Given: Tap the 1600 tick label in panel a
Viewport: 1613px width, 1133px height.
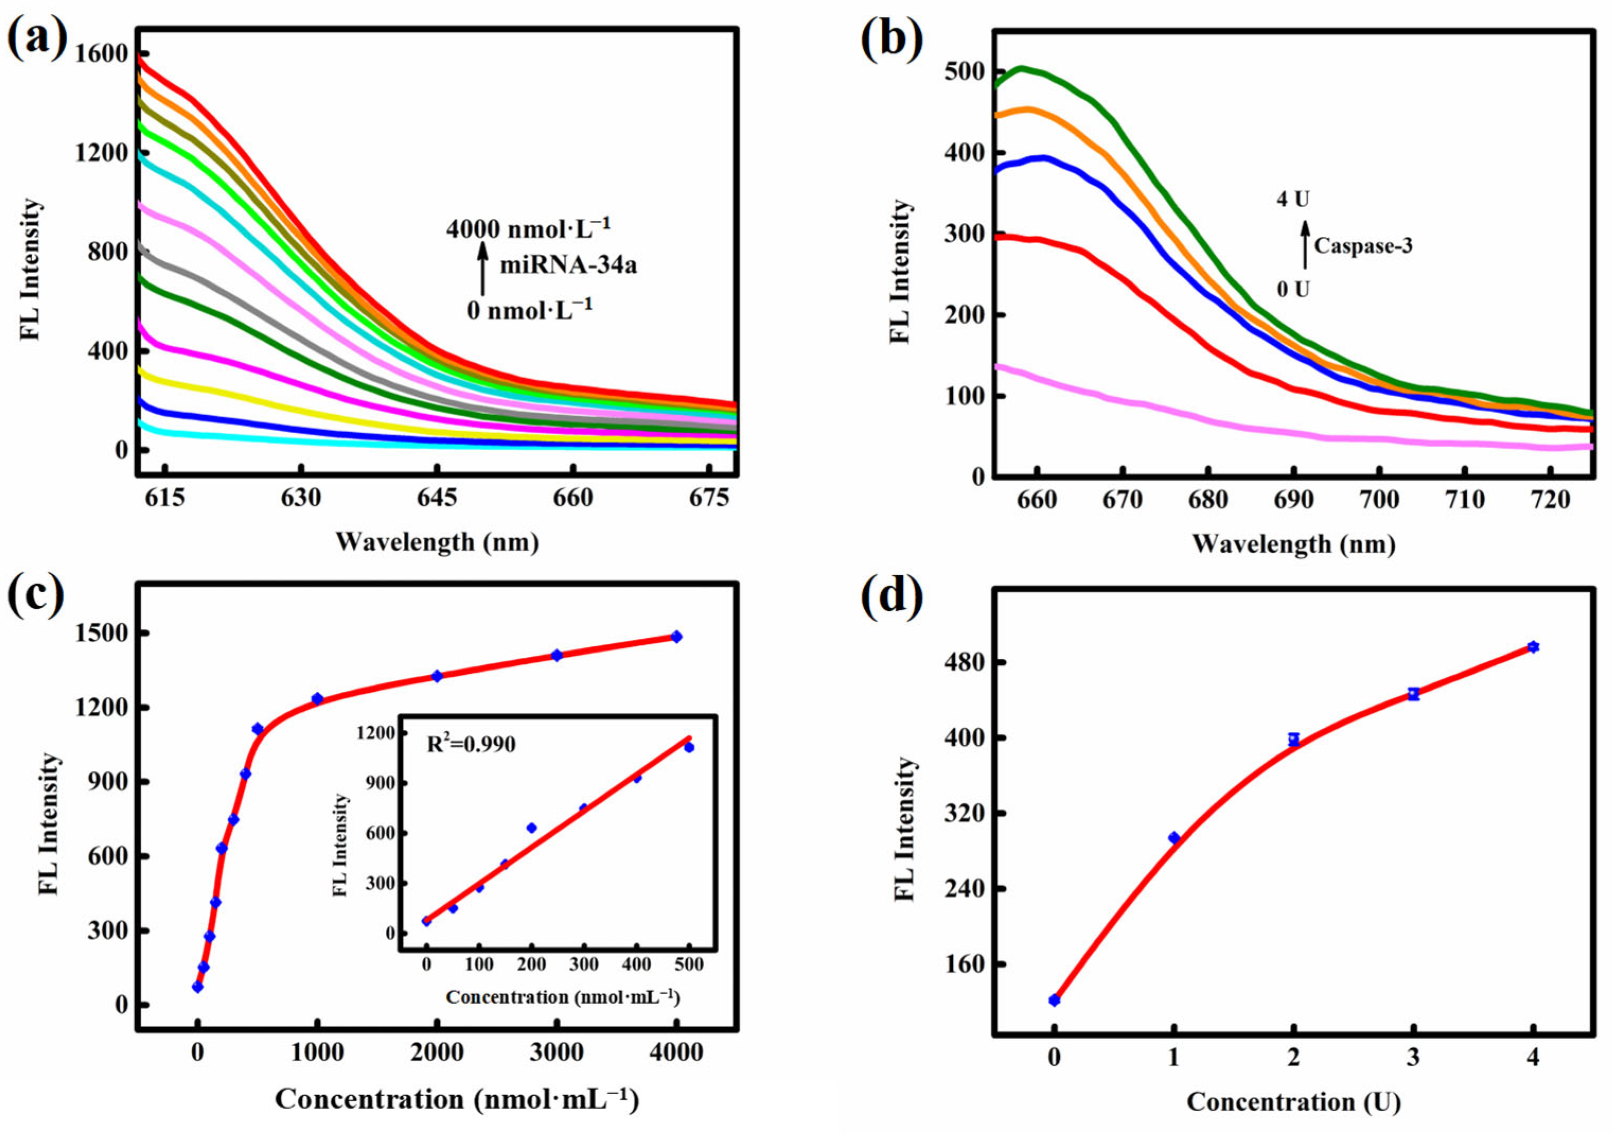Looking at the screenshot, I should (x=103, y=54).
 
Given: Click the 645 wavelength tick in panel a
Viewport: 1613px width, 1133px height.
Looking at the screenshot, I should (x=437, y=498).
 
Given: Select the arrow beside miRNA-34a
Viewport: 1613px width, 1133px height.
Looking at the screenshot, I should (x=483, y=269).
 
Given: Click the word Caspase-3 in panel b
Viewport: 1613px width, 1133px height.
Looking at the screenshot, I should (x=1363, y=246).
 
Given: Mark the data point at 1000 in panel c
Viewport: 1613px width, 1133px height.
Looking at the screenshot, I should (x=317, y=698).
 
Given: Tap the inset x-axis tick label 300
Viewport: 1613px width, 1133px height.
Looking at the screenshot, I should (x=583, y=965).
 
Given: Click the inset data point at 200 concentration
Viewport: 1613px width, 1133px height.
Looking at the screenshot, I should (x=532, y=828).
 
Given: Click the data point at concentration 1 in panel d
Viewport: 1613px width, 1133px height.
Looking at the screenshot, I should (x=1174, y=838).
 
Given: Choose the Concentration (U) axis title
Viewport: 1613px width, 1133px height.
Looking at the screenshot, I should (x=1293, y=1101).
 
